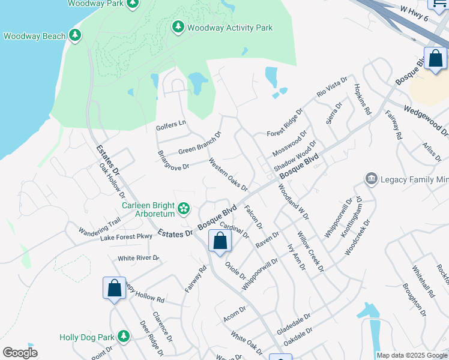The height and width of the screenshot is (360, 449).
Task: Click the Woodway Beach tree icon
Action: coord(75,35)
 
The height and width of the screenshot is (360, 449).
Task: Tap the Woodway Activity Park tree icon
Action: coord(178,27)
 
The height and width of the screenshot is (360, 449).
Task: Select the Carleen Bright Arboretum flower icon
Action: coord(184,209)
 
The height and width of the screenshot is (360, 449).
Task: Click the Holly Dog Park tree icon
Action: coord(124,336)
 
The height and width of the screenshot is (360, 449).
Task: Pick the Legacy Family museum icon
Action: coord(371,179)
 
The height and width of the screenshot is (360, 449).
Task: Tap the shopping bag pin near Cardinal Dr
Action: coord(220,241)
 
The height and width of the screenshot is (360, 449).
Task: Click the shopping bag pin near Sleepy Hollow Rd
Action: coord(114,289)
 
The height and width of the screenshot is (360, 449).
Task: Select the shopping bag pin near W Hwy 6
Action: coord(436,59)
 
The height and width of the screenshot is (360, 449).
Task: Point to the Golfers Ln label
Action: coord(171,125)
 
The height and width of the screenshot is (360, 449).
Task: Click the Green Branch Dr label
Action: coord(200,143)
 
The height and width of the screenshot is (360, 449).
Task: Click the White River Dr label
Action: coord(139,258)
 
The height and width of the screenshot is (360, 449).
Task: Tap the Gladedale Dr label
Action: coord(294,324)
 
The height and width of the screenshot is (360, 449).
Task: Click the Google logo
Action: coord(20,353)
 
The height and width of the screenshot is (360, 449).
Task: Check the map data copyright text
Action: coord(412,355)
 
